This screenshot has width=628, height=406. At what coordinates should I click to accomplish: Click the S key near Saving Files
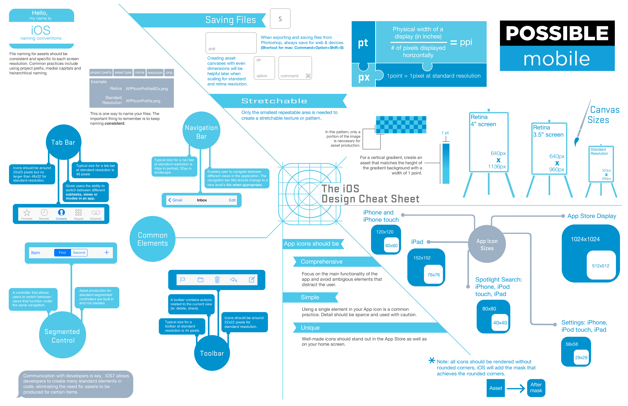[280, 19]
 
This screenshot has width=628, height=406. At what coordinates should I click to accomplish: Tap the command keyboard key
[295, 68]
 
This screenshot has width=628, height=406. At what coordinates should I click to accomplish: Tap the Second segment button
[79, 253]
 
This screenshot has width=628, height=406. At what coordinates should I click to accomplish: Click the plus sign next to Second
[107, 253]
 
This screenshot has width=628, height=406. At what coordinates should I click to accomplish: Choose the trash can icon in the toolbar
[217, 280]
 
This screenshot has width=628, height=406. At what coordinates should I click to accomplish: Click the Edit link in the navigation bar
[232, 200]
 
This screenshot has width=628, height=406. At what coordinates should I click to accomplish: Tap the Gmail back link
[175, 200]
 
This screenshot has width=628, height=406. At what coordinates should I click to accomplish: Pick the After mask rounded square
[536, 388]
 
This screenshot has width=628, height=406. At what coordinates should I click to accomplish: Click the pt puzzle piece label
[363, 43]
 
